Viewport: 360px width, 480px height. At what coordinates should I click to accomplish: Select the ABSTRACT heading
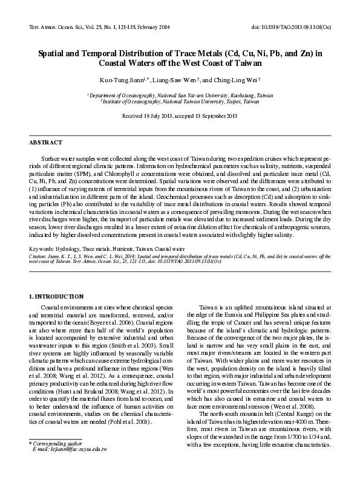46,142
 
